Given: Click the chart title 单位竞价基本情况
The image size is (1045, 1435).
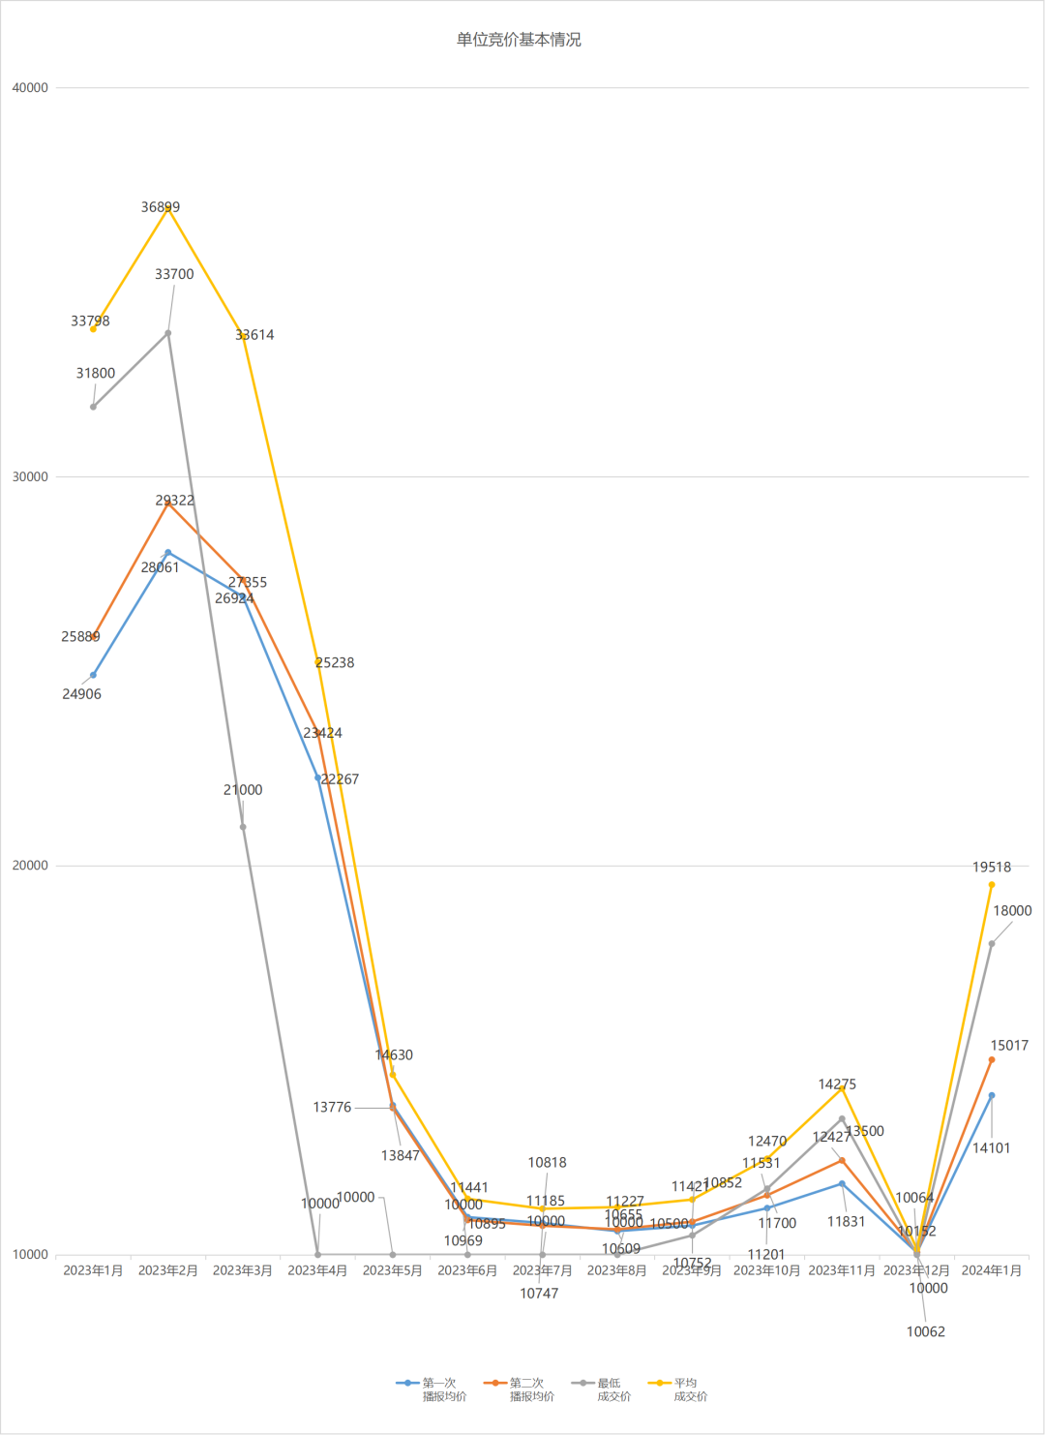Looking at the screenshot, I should click(x=519, y=40).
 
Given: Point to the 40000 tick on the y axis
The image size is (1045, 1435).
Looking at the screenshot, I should click(x=30, y=87).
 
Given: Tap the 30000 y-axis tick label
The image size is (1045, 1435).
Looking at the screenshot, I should click(x=30, y=476).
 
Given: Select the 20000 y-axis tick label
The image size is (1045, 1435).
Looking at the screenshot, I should click(x=30, y=866).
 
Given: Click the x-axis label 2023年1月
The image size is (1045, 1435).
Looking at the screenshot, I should click(x=93, y=1270).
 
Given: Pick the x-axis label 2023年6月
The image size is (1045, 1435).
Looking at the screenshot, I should click(x=467, y=1270).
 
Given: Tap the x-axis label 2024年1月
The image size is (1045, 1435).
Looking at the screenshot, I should click(x=992, y=1270).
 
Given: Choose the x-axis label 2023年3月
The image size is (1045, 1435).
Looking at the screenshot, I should click(x=243, y=1270).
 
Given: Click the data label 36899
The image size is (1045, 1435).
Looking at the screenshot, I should click(x=161, y=207).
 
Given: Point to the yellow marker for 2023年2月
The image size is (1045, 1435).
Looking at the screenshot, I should click(x=168, y=208).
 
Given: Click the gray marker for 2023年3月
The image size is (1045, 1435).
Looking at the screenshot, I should click(x=243, y=827).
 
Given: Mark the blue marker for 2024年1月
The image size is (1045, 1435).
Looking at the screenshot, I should click(x=992, y=1095).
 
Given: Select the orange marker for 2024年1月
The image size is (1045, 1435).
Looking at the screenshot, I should click(x=992, y=1059).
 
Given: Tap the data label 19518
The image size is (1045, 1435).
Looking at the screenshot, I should click(x=992, y=868).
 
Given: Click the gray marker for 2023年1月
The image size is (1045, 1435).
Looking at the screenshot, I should click(x=93, y=407).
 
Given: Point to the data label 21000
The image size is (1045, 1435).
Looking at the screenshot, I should click(x=243, y=790).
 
